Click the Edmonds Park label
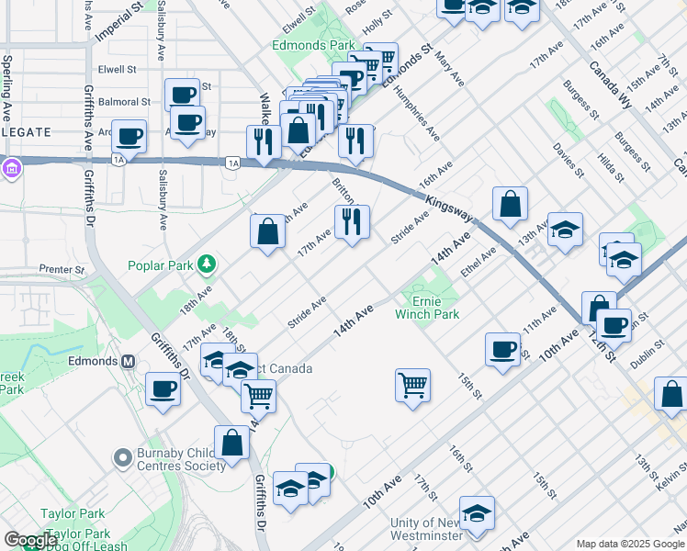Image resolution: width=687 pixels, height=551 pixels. point(313,44)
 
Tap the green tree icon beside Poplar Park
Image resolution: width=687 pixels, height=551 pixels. point(208,265)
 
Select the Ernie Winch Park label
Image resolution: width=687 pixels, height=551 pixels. point(427,308)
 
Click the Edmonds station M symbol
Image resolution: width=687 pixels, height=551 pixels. point(130,361)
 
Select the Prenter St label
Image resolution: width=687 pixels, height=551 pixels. point(62,270)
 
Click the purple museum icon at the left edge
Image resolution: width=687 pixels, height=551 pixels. point(11,169)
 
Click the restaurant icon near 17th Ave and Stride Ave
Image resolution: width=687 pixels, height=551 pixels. point(352,222)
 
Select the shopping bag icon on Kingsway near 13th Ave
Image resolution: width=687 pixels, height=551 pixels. point(510,205)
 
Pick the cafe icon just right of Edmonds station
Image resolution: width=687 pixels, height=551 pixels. point(163,389)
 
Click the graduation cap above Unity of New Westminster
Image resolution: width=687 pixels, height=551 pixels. point(477,514)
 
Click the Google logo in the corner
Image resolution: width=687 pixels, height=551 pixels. point(30,541)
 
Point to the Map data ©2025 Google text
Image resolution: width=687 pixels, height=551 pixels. point(629,544)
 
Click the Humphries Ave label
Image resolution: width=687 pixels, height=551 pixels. point(417,119)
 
